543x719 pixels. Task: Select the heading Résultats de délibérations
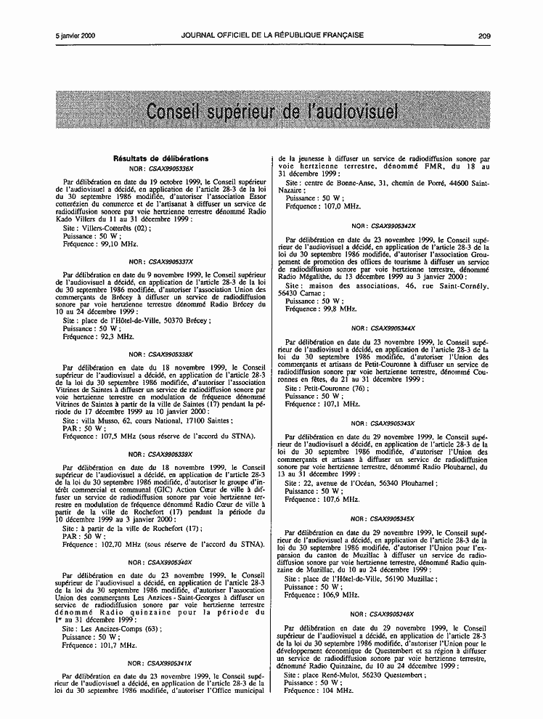[x=160, y=158]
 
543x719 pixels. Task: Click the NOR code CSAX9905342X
[x=393, y=226]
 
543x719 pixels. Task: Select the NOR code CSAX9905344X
[x=393, y=328]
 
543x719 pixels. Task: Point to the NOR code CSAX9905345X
[x=393, y=519]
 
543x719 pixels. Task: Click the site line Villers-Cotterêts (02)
[x=107, y=227]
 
